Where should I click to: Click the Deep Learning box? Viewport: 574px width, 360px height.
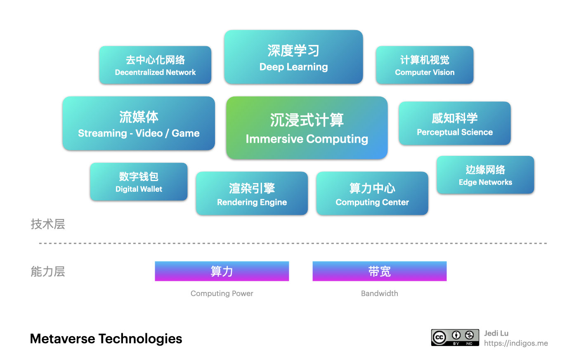pyautogui.click(x=293, y=57)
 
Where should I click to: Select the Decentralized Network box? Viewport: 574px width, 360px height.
pyautogui.click(x=155, y=65)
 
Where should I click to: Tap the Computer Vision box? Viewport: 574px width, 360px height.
pyautogui.click(x=424, y=65)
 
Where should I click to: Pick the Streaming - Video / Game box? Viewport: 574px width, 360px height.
pyautogui.click(x=139, y=123)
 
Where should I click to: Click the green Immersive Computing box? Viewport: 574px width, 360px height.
pyautogui.click(x=307, y=128)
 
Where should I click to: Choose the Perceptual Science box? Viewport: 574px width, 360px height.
pyautogui.click(x=454, y=123)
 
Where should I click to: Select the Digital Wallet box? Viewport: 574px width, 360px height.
pyautogui.click(x=139, y=182)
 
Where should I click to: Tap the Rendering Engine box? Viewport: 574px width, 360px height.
pyautogui.click(x=252, y=193)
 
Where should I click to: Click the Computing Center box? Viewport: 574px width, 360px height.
pyautogui.click(x=372, y=193)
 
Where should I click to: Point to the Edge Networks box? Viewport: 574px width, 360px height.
pyautogui.click(x=485, y=175)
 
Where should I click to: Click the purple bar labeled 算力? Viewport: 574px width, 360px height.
pyautogui.click(x=222, y=271)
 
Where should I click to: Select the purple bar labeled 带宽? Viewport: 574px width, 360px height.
pyautogui.click(x=379, y=271)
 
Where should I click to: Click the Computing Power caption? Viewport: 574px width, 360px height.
pyautogui.click(x=222, y=293)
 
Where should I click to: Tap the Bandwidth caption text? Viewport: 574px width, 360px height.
pyautogui.click(x=379, y=293)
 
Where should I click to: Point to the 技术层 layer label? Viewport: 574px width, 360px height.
pyautogui.click(x=48, y=224)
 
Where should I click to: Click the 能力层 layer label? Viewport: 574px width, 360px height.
pyautogui.click(x=48, y=271)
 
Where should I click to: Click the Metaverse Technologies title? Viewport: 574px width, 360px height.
pyautogui.click(x=106, y=339)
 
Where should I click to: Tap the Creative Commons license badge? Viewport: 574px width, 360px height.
pyautogui.click(x=455, y=337)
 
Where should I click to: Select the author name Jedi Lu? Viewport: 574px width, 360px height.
pyautogui.click(x=496, y=333)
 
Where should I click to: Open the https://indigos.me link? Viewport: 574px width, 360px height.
pyautogui.click(x=516, y=343)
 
